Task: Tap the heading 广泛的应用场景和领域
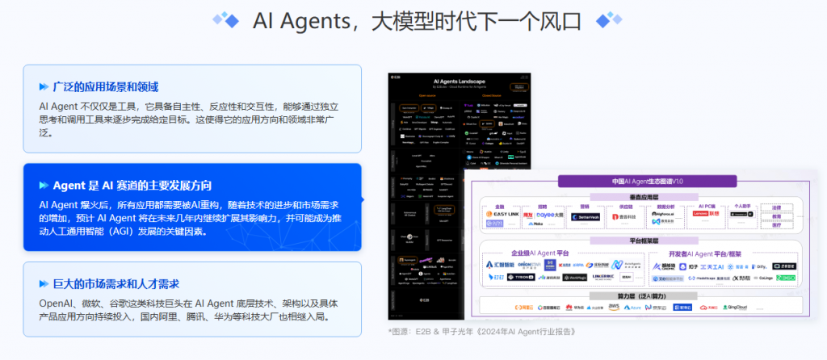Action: click(104, 86)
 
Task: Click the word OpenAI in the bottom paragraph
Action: click(57, 303)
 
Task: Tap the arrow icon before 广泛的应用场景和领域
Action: click(44, 86)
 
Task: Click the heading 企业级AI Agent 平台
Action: click(548, 252)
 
